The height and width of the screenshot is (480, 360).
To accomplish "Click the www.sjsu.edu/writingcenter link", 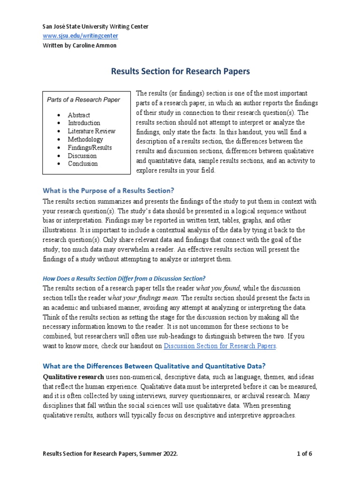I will pos(80,36).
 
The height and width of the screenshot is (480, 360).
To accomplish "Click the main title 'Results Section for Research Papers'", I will pos(180,72).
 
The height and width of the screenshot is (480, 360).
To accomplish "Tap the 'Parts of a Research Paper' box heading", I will pos(83,99).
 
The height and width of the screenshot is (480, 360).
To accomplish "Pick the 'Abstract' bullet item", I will pos(79,115).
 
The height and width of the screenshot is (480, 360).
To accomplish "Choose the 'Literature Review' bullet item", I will pos(91,131).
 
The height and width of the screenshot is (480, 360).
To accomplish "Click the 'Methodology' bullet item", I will pos(85,139).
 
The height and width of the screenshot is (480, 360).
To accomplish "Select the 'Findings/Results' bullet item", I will pos(90,148).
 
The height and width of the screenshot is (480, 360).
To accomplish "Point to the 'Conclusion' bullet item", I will pos(82,164).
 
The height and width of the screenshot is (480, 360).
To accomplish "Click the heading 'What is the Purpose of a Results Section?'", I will pos(108,190).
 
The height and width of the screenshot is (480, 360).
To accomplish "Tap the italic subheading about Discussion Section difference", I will pos(124,278).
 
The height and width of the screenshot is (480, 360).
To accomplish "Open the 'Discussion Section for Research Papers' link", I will pos(220,346).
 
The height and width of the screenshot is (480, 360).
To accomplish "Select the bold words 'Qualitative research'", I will pos(73,377).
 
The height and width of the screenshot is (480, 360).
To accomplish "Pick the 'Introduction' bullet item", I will pos(84,123).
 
